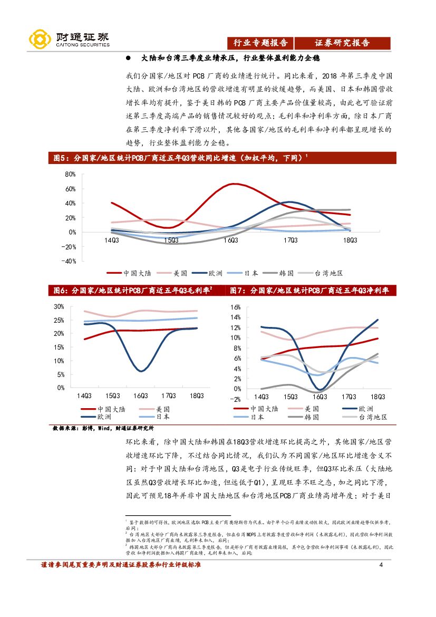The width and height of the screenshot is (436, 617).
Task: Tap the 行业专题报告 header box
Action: coord(260,43)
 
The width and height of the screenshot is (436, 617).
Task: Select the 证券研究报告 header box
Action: coord(342,43)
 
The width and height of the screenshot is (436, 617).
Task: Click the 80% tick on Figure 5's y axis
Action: coord(71,174)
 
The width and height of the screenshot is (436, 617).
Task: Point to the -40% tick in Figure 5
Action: coord(69,261)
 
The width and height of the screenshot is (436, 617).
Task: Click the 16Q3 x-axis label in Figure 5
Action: coord(230,240)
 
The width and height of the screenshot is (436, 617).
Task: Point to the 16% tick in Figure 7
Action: coord(235,307)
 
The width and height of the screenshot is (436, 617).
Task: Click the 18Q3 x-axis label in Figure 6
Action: coord(197,396)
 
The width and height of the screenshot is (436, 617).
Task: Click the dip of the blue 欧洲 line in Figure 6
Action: coord(140,371)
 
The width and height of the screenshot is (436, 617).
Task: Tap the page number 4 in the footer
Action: coord(381,566)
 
